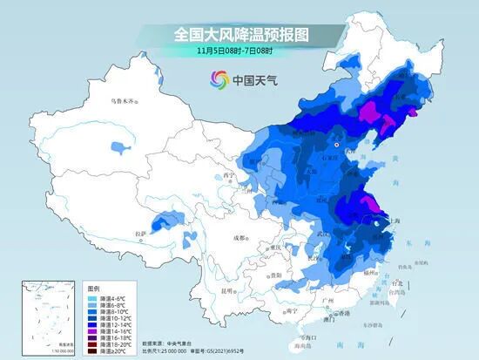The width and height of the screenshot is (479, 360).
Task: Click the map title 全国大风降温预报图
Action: (x=241, y=34)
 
